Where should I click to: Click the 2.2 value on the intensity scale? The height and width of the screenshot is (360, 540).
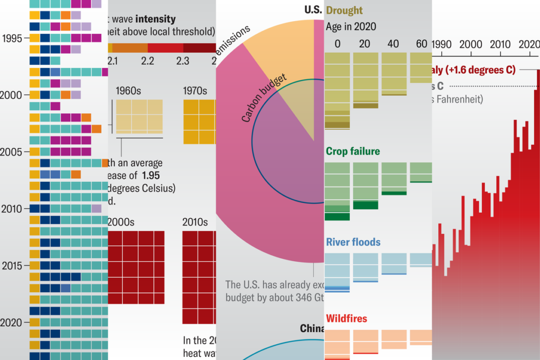pos(148,61)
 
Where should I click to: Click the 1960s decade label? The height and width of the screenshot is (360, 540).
pos(128,91)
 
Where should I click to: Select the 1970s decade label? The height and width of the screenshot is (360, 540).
pos(195,91)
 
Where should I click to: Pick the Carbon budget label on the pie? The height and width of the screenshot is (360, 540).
pos(264,99)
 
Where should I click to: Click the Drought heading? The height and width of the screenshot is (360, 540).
pos(344,11)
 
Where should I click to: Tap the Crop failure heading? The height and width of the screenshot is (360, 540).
pos(353,152)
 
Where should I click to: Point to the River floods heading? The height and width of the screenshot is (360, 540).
pos(353,242)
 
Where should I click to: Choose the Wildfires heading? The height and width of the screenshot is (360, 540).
pos(346,319)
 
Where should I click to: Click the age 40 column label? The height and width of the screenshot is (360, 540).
pos(393,44)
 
